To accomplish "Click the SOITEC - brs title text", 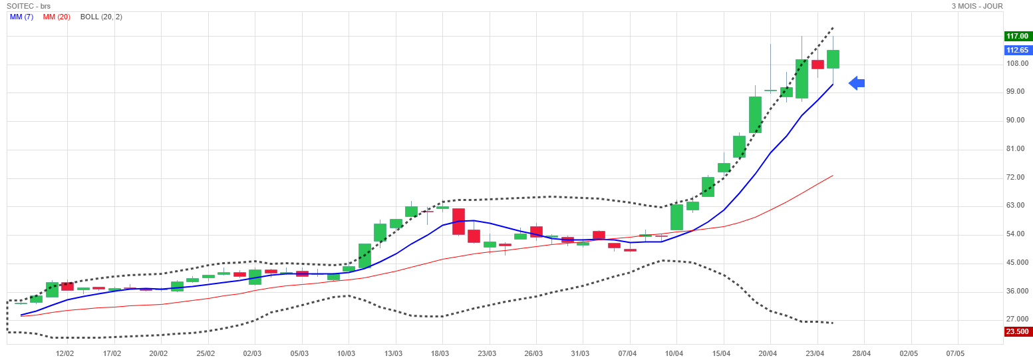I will [x=29, y=6].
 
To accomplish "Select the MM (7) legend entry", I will [x=22, y=17].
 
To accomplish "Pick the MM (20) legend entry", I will [x=57, y=17].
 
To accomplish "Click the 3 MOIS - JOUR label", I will [x=976, y=6].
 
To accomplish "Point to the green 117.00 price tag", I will [x=1017, y=37].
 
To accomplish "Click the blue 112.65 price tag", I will [x=1017, y=50].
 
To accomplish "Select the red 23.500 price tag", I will [x=1017, y=331].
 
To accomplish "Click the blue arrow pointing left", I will [x=857, y=83].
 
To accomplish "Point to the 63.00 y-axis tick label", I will [x=1016, y=206].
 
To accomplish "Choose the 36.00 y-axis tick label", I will [x=1016, y=291].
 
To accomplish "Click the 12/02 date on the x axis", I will [x=65, y=353].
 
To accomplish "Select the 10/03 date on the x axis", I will [x=347, y=353].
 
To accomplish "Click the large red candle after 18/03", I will [x=458, y=222].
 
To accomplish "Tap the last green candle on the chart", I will [x=833, y=59].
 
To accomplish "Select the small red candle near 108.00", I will [x=817, y=65].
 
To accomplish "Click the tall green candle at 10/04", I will [x=676, y=217].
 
